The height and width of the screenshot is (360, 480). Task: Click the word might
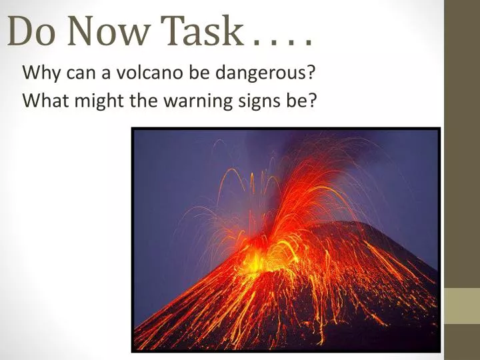[95, 101]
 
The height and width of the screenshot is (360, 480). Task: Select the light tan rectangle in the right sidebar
[462, 306]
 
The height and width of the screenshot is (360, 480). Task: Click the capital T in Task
[175, 31]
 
